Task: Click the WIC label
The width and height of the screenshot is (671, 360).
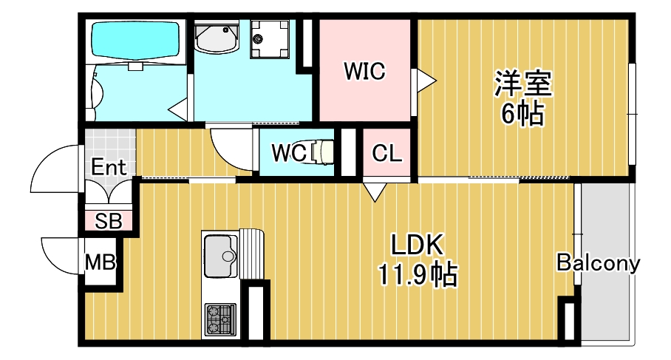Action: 364,72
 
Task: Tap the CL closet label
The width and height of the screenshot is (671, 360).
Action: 386,154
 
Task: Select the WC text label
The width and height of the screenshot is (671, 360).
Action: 288,153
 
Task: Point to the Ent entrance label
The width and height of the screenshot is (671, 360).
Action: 109,167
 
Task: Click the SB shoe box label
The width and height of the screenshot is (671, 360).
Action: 110,220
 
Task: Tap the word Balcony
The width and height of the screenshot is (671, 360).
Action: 598,263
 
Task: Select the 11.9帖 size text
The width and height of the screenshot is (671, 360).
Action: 418,275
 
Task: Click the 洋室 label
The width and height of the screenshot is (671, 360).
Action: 522,84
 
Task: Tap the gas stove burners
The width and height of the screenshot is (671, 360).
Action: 221,319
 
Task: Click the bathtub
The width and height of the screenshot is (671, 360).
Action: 134,42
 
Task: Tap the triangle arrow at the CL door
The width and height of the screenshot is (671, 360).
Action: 375,191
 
